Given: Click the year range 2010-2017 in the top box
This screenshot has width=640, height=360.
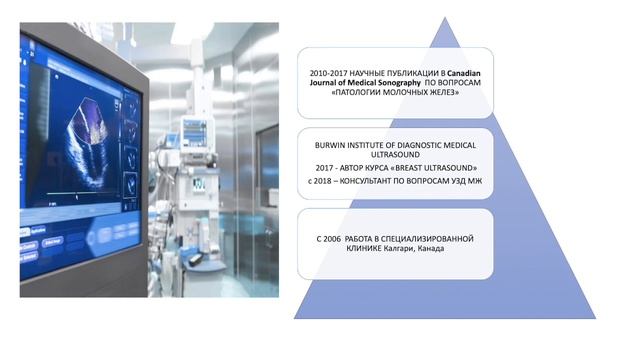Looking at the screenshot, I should pyautogui.click(x=330, y=73).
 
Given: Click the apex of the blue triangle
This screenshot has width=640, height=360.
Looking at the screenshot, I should pyautogui.click(x=445, y=21).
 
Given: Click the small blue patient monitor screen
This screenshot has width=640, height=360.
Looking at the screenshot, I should pyautogui.click(x=194, y=130).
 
